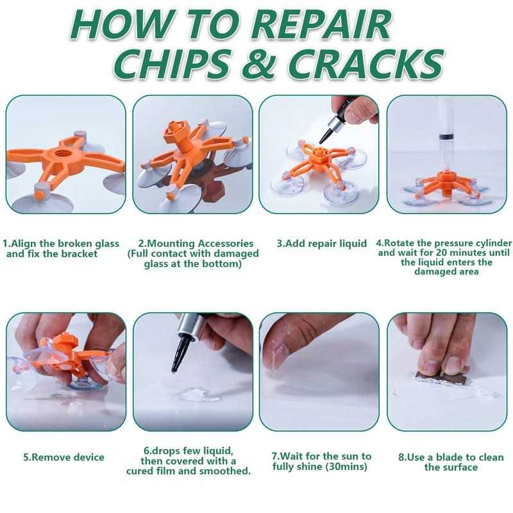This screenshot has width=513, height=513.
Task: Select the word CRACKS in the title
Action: pyautogui.click(x=365, y=65)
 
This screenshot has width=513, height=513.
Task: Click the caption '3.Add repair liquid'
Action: pyautogui.click(x=322, y=244)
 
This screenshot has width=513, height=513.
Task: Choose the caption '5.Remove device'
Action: pyautogui.click(x=63, y=457)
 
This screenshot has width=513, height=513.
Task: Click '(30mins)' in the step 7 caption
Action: pyautogui.click(x=346, y=466)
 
